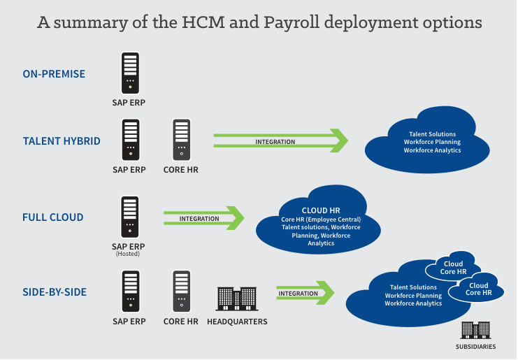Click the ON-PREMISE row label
tap(54, 73)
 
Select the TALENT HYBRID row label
tap(62, 141)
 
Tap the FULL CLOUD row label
tap(53, 217)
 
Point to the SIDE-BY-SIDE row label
tap(55, 292)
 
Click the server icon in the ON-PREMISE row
tap(130, 71)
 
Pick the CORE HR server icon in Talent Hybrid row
tap(182, 140)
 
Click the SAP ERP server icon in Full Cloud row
tap(130, 217)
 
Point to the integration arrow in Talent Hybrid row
tap(280, 141)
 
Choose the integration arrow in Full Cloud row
tap(203, 218)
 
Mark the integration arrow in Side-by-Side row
tap(305, 293)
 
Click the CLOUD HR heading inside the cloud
tap(321, 210)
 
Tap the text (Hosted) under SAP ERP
tap(129, 254)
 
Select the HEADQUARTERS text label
tap(237, 322)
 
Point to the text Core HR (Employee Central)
tap(321, 219)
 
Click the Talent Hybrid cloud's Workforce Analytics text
tap(432, 150)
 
